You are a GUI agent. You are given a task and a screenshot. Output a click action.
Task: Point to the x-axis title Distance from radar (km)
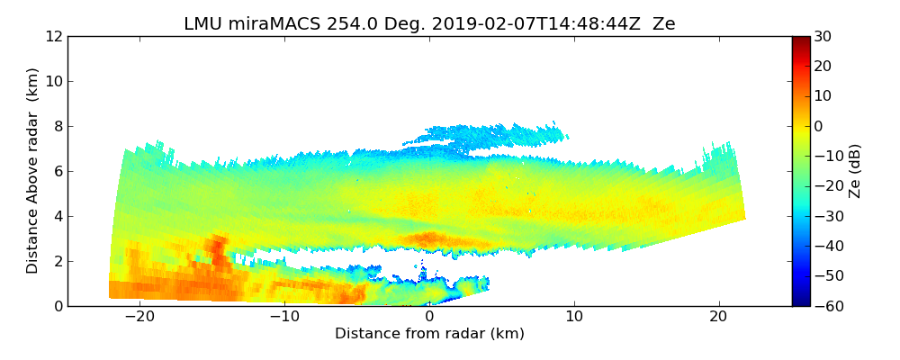point(429,334)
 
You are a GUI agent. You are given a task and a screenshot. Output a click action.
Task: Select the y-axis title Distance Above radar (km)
point(33,170)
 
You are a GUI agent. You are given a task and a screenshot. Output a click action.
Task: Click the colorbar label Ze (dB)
point(855,170)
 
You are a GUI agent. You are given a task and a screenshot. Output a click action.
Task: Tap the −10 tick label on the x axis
point(284,317)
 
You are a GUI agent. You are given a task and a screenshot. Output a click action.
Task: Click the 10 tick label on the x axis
point(574,317)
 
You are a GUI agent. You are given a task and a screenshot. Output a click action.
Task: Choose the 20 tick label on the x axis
point(718,317)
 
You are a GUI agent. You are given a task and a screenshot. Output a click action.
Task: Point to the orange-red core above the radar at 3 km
point(430,238)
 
